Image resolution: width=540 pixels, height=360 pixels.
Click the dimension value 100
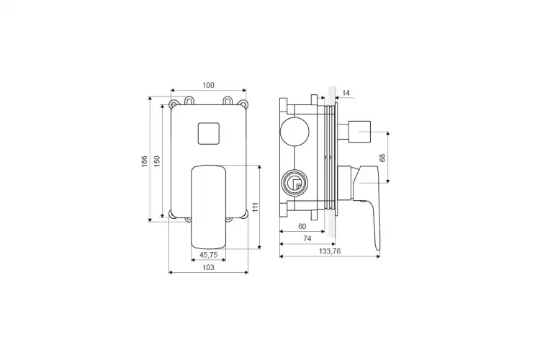208,85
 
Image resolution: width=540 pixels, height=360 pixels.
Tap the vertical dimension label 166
145,161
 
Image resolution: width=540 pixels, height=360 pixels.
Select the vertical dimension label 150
157,161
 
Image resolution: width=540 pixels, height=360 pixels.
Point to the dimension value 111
256,207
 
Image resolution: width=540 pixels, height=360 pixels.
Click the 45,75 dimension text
208,255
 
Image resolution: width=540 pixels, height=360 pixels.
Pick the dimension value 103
208,267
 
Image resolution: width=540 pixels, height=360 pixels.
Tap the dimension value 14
346,93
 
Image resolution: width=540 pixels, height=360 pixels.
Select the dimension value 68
382,158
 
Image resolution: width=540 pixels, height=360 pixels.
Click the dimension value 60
302,226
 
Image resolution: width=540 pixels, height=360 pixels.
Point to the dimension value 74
307,238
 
